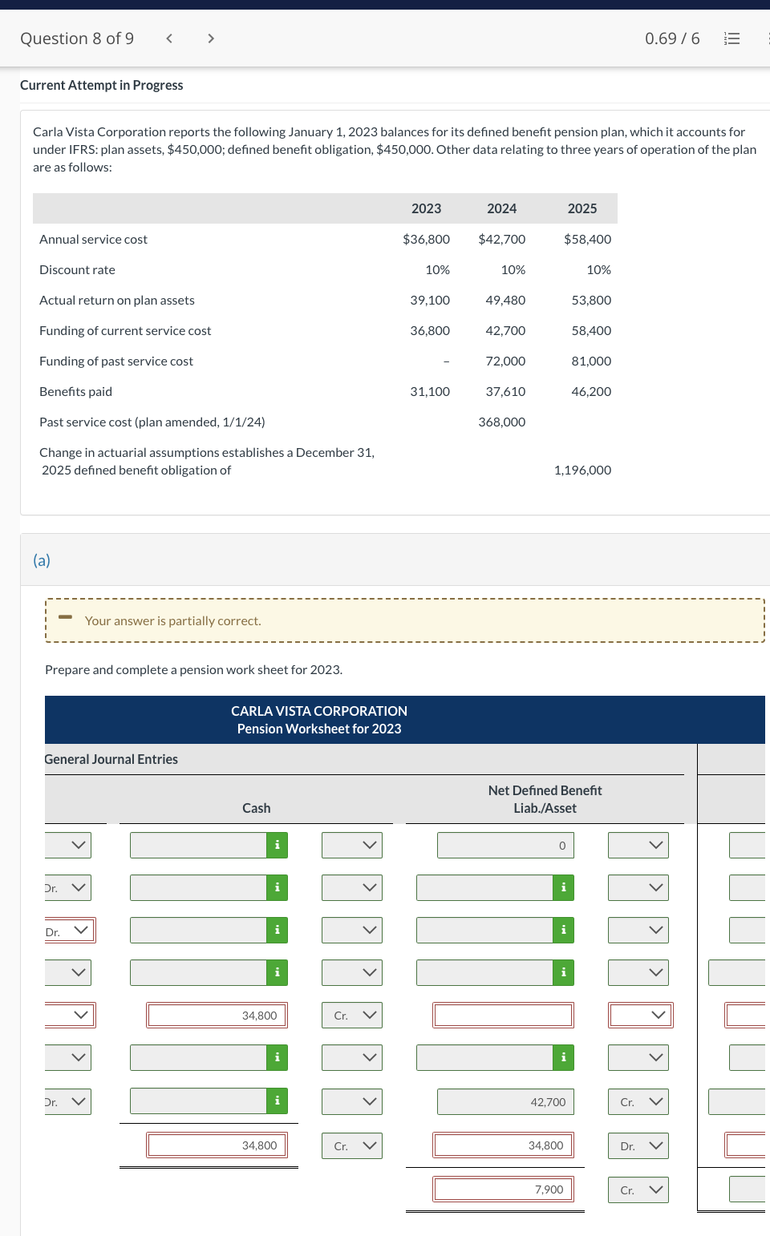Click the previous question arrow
[169, 38]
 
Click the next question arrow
[211, 38]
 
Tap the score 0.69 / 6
[672, 38]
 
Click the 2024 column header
[501, 208]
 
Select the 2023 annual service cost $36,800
[426, 239]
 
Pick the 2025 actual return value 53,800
[591, 300]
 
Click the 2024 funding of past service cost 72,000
[505, 361]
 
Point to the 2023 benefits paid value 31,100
[430, 391]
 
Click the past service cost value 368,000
[502, 422]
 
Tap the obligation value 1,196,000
[582, 470]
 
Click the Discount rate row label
[77, 269]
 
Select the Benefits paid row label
[75, 391]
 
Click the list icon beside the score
[731, 38]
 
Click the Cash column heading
[257, 808]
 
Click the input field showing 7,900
[503, 1190]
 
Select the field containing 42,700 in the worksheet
[505, 1102]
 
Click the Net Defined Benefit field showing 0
[505, 846]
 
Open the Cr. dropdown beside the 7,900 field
[638, 1190]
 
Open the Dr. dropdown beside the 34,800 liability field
[638, 1146]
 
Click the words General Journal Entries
[111, 759]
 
